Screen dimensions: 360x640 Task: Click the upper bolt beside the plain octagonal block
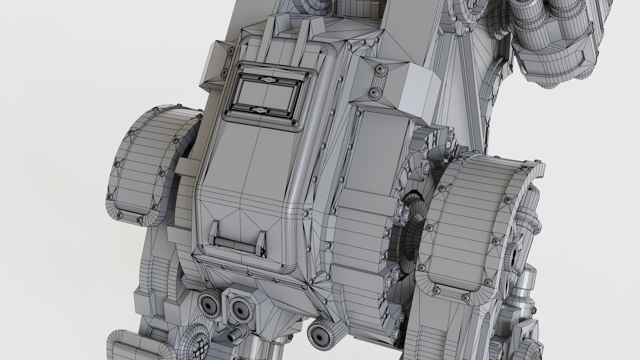380,70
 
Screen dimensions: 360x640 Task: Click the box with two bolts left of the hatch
218,63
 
